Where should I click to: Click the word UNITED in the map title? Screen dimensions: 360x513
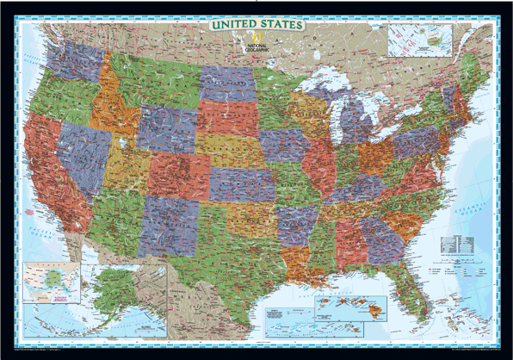(x=233, y=25)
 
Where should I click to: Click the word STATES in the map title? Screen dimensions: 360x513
(x=281, y=25)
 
